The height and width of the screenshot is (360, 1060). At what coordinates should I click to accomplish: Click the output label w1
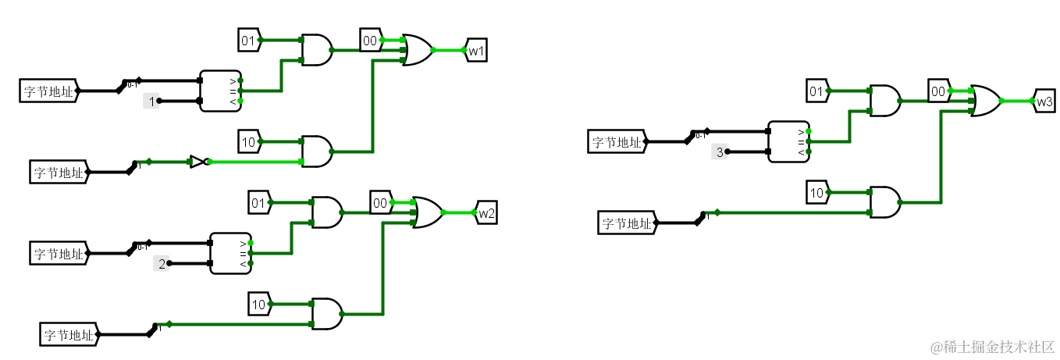click(476, 51)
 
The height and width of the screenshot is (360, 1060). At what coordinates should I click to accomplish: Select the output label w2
click(486, 212)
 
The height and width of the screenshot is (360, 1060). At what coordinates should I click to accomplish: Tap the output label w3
click(1044, 101)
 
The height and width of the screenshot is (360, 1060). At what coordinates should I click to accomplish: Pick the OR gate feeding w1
click(417, 50)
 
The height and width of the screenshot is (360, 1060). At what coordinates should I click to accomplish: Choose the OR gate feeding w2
click(427, 212)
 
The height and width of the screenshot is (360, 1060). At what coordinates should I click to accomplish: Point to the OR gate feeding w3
click(985, 101)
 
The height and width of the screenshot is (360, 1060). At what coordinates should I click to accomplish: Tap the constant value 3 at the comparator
click(720, 152)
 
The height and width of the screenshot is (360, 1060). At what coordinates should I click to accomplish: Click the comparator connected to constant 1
click(220, 91)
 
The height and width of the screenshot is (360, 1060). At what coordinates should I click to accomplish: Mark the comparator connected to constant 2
click(231, 253)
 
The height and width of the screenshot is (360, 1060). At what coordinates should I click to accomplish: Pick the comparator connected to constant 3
click(788, 141)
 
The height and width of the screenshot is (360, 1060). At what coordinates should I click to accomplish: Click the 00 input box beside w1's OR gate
click(370, 39)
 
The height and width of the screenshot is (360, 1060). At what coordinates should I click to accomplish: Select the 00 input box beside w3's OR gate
click(938, 91)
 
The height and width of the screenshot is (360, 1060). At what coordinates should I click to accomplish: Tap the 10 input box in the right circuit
click(816, 192)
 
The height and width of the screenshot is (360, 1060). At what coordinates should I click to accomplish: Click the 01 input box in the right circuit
click(816, 91)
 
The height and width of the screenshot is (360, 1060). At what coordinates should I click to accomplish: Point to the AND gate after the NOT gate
click(317, 151)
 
